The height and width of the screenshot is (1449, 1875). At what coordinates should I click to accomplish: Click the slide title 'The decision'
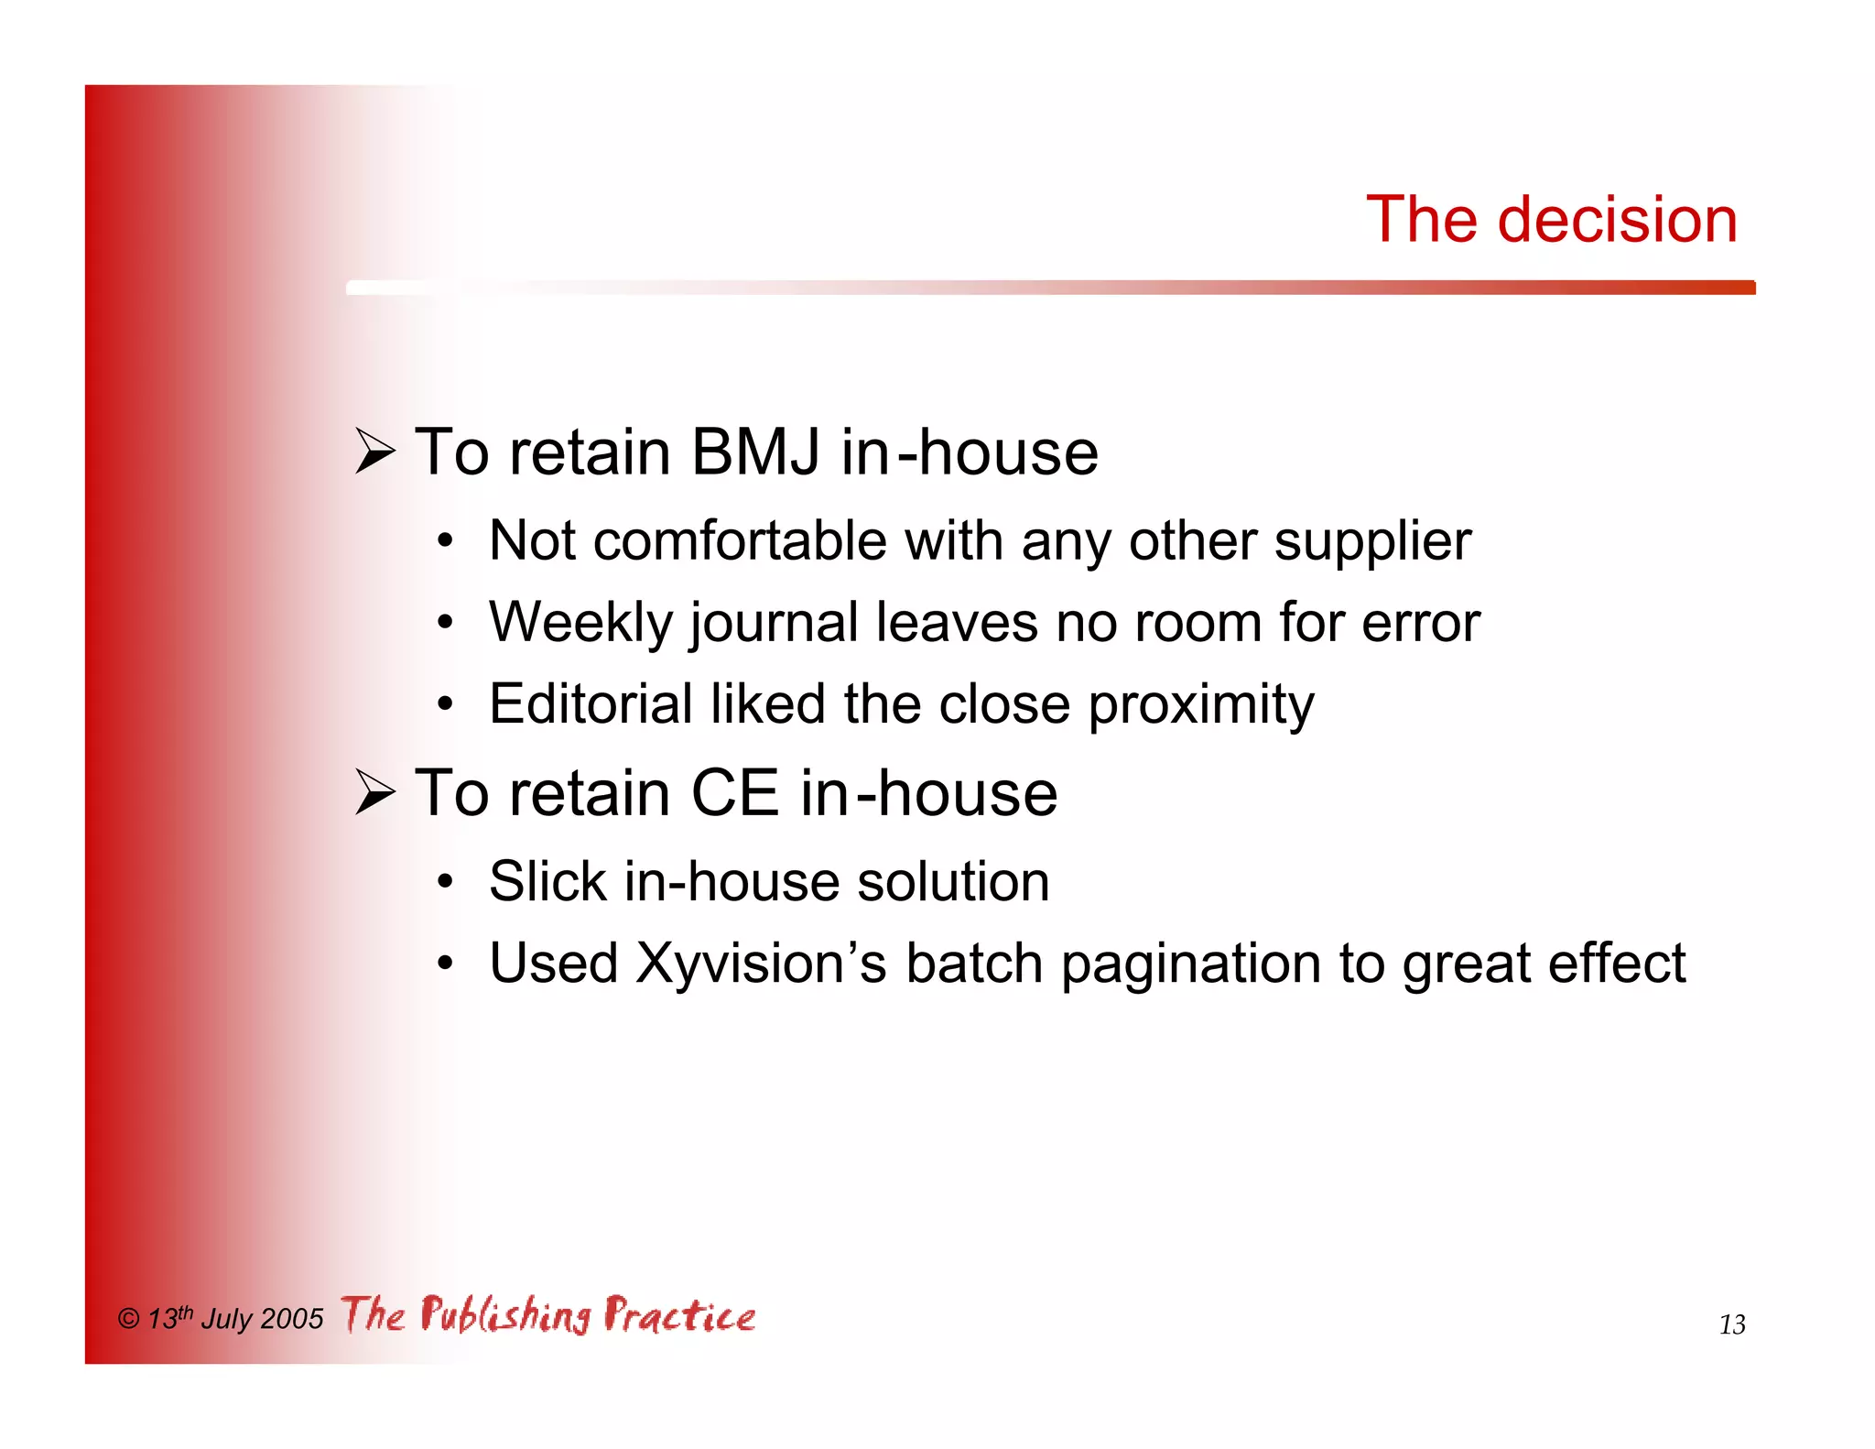click(x=1551, y=220)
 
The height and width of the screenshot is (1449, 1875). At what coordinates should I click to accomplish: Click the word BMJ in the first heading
click(x=754, y=452)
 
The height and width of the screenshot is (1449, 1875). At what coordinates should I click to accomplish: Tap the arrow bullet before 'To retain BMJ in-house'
click(x=374, y=452)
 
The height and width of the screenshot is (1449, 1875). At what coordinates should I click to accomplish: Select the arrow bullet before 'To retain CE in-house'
click(x=374, y=792)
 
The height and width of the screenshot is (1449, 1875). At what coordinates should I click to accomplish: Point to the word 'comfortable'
click(x=740, y=540)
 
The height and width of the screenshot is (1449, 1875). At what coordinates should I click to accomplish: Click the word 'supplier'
click(x=1372, y=542)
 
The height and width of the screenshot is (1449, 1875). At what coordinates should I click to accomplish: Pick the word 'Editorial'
click(x=591, y=704)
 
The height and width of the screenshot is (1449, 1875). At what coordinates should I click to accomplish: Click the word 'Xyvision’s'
click(x=761, y=964)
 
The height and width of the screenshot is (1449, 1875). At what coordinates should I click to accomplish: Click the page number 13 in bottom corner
click(x=1731, y=1324)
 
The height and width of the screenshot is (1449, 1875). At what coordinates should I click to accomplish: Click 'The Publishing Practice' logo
click(x=548, y=1315)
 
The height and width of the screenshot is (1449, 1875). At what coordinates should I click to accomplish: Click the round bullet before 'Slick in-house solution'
click(x=445, y=882)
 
